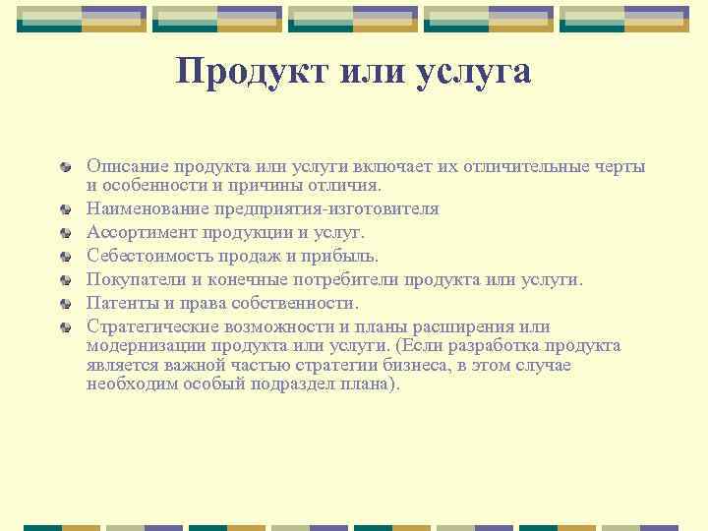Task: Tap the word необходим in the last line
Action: click(x=128, y=384)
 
